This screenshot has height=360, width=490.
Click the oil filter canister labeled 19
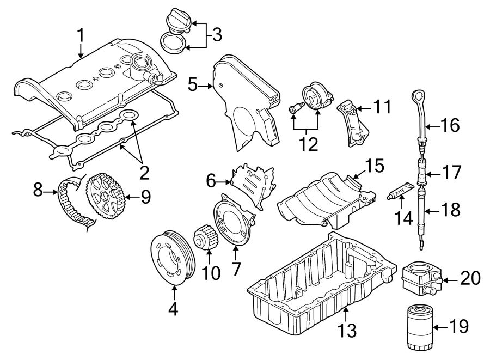420,328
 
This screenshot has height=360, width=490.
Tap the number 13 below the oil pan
347,329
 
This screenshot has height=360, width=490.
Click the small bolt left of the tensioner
295,110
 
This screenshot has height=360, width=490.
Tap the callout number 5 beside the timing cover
192,84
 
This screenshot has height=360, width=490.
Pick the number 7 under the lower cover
236,268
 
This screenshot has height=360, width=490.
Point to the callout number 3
216,35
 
